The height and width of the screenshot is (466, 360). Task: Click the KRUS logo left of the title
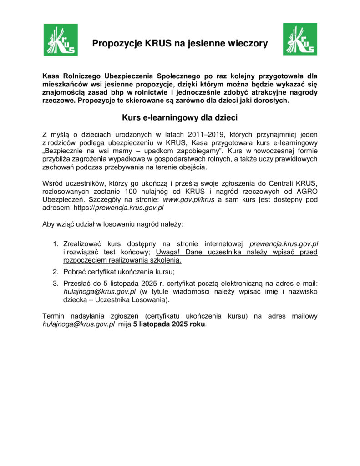61,40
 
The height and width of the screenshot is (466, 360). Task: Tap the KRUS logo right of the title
300,40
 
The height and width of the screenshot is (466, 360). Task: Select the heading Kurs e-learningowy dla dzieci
180,117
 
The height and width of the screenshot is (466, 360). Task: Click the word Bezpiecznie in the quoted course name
65,151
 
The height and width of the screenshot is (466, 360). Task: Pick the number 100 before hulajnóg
131,192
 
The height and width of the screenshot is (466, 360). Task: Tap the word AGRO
304,192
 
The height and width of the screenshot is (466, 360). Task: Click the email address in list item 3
100,292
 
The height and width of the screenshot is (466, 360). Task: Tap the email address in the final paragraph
78,324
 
